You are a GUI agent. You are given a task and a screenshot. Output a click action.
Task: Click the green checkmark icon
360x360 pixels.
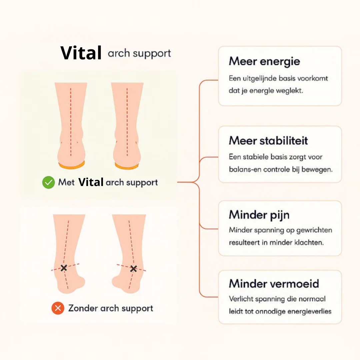[48, 182]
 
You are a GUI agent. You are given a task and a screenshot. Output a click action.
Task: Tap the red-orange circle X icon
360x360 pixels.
[58, 308]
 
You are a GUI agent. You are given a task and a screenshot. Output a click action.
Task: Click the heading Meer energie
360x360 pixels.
[264, 61]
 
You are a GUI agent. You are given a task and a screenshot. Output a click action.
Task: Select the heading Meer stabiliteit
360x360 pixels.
[268, 141]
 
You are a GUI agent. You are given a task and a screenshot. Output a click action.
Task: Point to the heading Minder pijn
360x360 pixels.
[259, 215]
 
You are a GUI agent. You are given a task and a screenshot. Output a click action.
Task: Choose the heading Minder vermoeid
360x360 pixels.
[274, 284]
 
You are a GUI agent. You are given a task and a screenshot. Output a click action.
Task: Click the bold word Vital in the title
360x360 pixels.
[81, 53]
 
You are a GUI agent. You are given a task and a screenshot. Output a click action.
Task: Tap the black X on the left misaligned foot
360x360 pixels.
[64, 268]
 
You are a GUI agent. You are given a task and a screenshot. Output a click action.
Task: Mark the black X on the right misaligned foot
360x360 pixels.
[133, 268]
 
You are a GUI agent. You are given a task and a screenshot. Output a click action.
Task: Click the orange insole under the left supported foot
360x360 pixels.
[72, 165]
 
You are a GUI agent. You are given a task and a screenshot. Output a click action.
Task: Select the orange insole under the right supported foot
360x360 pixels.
[127, 166]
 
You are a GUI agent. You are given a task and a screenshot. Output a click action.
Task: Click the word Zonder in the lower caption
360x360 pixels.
[82, 308]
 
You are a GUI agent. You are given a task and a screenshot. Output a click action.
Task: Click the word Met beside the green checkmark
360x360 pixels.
[66, 182]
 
